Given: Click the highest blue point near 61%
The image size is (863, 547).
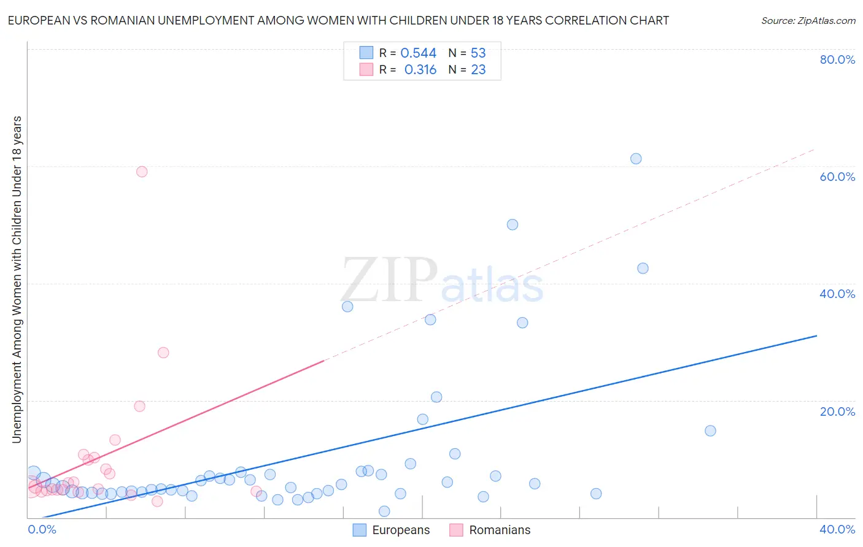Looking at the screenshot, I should point(636,159).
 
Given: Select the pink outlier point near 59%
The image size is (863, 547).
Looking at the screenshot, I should point(142,172).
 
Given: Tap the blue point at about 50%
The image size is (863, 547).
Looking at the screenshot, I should point(513,224).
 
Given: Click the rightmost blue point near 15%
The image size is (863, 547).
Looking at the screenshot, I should point(710,430).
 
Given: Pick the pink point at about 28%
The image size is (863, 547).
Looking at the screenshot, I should point(163,353).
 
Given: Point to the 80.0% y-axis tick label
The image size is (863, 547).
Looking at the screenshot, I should point(837,59).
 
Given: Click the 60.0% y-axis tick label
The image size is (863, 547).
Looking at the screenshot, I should point(837,177).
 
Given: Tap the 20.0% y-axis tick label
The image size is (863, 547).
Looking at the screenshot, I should point(837,411).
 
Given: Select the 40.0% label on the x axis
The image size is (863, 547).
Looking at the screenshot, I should point(837,529).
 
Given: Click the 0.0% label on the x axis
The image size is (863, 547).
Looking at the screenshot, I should point(42,529).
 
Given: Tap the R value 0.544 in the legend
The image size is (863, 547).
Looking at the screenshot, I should point(418,53).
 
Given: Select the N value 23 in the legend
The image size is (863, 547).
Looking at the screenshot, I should point(478,70).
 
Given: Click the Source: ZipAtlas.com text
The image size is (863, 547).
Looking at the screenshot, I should point(808,20).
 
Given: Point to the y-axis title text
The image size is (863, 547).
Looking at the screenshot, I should point(17,279).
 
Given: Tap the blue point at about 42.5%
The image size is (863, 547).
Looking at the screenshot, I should point(643,268).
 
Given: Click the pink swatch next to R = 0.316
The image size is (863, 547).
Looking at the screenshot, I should point(366,69).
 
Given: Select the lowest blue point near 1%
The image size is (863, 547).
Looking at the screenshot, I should point(384,511).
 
